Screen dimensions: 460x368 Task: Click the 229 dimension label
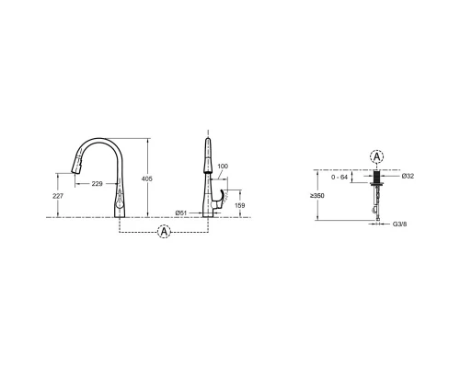(97, 184)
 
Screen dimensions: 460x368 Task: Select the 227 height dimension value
(58, 196)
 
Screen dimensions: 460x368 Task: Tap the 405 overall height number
(146, 178)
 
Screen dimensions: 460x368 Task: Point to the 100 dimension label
(223, 167)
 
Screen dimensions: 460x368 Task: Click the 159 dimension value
(239, 205)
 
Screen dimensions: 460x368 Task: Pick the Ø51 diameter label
(181, 213)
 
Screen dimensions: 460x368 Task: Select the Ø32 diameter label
(408, 176)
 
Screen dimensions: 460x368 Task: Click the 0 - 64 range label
(339, 178)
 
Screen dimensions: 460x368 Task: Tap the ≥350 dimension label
(317, 196)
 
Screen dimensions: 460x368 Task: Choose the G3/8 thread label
(400, 224)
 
